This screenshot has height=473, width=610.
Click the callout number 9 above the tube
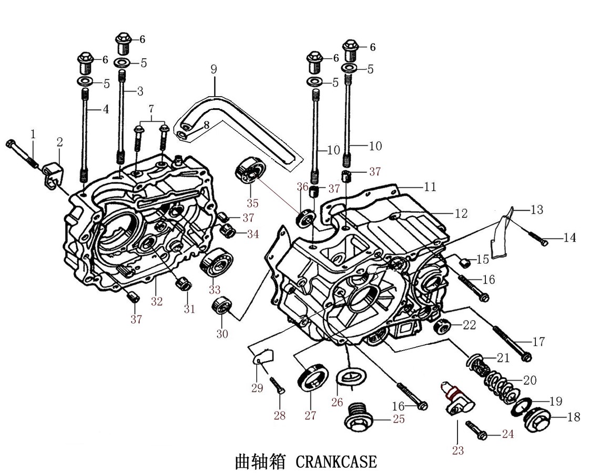[x=213, y=69]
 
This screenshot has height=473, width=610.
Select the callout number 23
[x=457, y=450]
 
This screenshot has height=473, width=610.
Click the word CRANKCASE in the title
[x=337, y=461]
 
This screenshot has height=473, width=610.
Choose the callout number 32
[x=157, y=301]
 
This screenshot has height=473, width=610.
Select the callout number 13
[x=536, y=210]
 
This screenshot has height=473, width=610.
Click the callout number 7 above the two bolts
[x=151, y=109]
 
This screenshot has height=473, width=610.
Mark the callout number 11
[x=430, y=186]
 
